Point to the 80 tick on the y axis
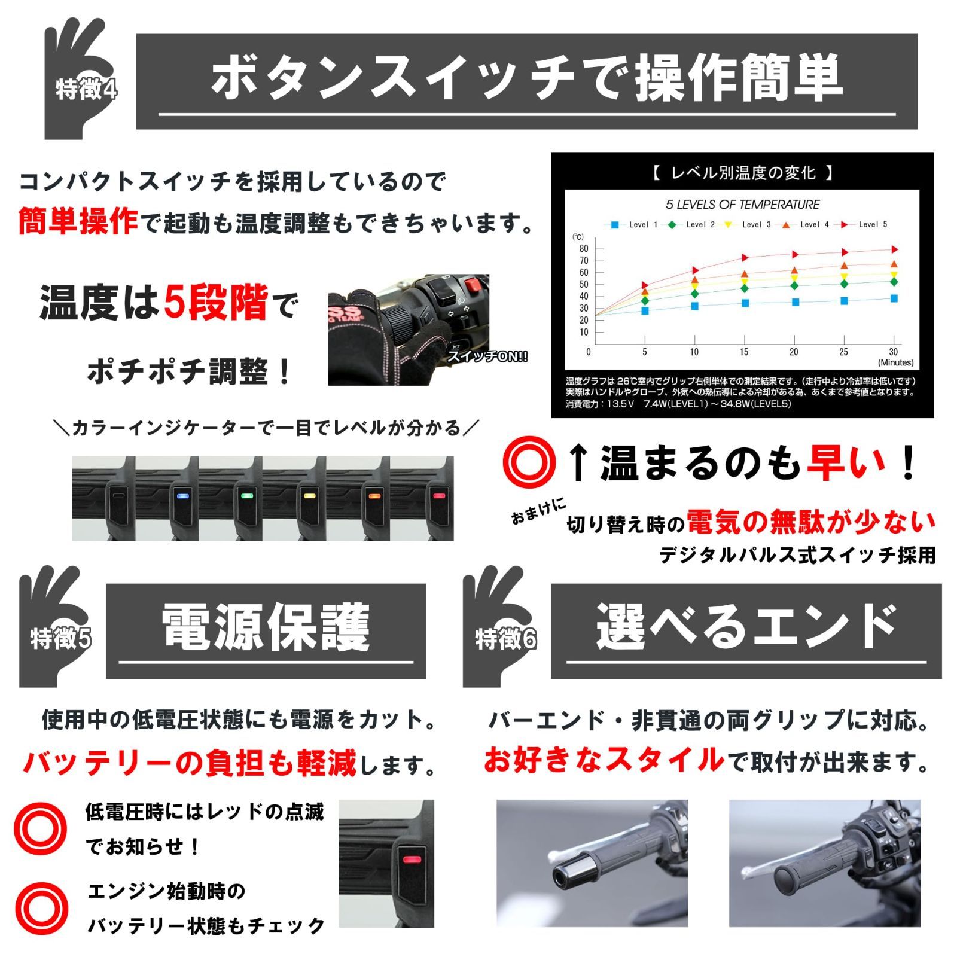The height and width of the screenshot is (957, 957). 584,249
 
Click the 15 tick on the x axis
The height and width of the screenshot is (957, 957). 743,352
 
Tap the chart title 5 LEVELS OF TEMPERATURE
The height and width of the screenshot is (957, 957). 742,205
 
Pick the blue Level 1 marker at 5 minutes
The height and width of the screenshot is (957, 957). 645,310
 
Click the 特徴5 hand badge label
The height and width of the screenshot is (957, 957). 60,638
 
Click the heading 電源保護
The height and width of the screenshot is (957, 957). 266,626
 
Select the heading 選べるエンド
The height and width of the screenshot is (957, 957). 745,626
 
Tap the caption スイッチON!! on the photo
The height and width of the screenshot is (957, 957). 487,357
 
